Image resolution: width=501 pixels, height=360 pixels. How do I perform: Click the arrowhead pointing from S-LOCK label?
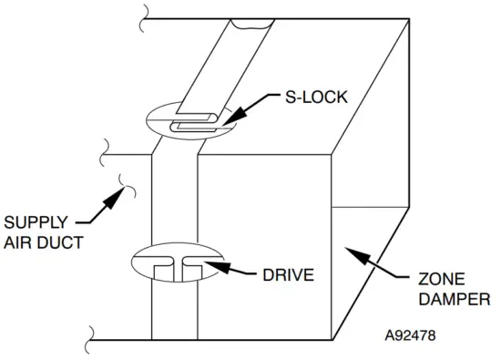(x=224, y=119)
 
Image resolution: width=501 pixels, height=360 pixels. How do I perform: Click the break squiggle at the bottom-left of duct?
(x=92, y=338)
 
